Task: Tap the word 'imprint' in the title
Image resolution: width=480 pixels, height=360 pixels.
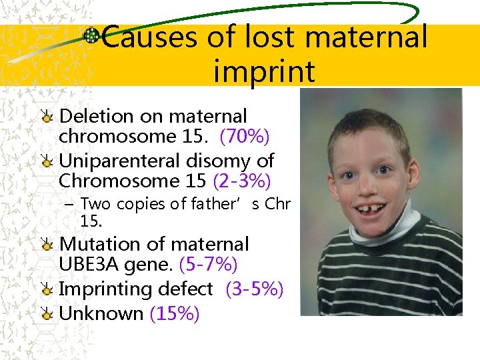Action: pyautogui.click(x=264, y=71)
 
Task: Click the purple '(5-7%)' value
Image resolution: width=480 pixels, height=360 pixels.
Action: pyautogui.click(x=209, y=265)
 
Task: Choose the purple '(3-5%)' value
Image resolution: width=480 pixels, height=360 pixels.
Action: pyautogui.click(x=255, y=289)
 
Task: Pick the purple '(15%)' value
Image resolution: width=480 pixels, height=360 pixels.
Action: pyautogui.click(x=175, y=313)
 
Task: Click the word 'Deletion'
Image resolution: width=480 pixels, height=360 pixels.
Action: pyautogui.click(x=97, y=117)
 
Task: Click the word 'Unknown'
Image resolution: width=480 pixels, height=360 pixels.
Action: pyautogui.click(x=101, y=313)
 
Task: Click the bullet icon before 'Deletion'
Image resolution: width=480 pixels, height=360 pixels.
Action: pyautogui.click(x=47, y=117)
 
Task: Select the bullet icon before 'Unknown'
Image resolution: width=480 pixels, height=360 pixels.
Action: pyautogui.click(x=47, y=314)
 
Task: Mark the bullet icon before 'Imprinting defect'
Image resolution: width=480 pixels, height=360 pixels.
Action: pyautogui.click(x=47, y=290)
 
